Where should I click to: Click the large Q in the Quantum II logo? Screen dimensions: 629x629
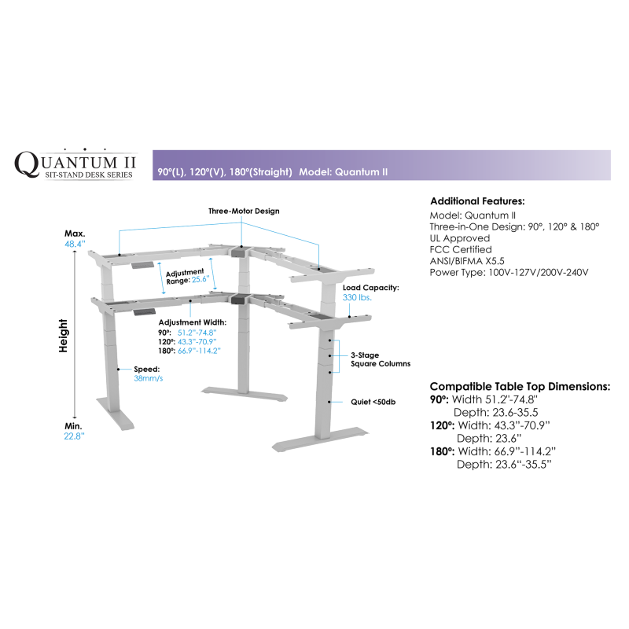[x=27, y=164]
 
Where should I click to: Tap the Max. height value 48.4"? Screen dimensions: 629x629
[x=75, y=244]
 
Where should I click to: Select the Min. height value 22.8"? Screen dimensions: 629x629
[x=74, y=436]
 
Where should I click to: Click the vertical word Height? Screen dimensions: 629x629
[x=63, y=336]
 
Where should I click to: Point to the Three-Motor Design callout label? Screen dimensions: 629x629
[x=244, y=211]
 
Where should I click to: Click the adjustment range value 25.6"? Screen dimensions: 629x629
[x=200, y=279]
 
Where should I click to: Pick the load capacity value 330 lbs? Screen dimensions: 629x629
[x=357, y=297]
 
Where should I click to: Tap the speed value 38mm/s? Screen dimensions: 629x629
[x=149, y=378]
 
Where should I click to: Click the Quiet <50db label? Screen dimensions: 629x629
[x=373, y=402]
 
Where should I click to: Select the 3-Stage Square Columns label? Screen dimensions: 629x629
[x=381, y=359]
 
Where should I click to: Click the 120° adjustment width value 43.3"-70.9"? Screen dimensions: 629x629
[x=197, y=342]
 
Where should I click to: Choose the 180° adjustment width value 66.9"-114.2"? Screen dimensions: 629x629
[x=199, y=351]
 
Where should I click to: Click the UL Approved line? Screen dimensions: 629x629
[x=460, y=238]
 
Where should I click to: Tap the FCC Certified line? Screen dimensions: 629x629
[x=461, y=249]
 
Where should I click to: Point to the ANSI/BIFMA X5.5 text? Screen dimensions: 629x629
[x=467, y=261]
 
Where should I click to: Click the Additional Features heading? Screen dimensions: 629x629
[x=477, y=201]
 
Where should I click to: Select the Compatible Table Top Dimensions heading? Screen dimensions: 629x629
[x=520, y=386]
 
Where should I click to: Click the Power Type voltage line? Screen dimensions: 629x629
[x=509, y=272]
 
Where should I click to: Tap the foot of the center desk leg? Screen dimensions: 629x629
[x=245, y=394]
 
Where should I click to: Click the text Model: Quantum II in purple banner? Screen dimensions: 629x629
[x=344, y=171]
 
